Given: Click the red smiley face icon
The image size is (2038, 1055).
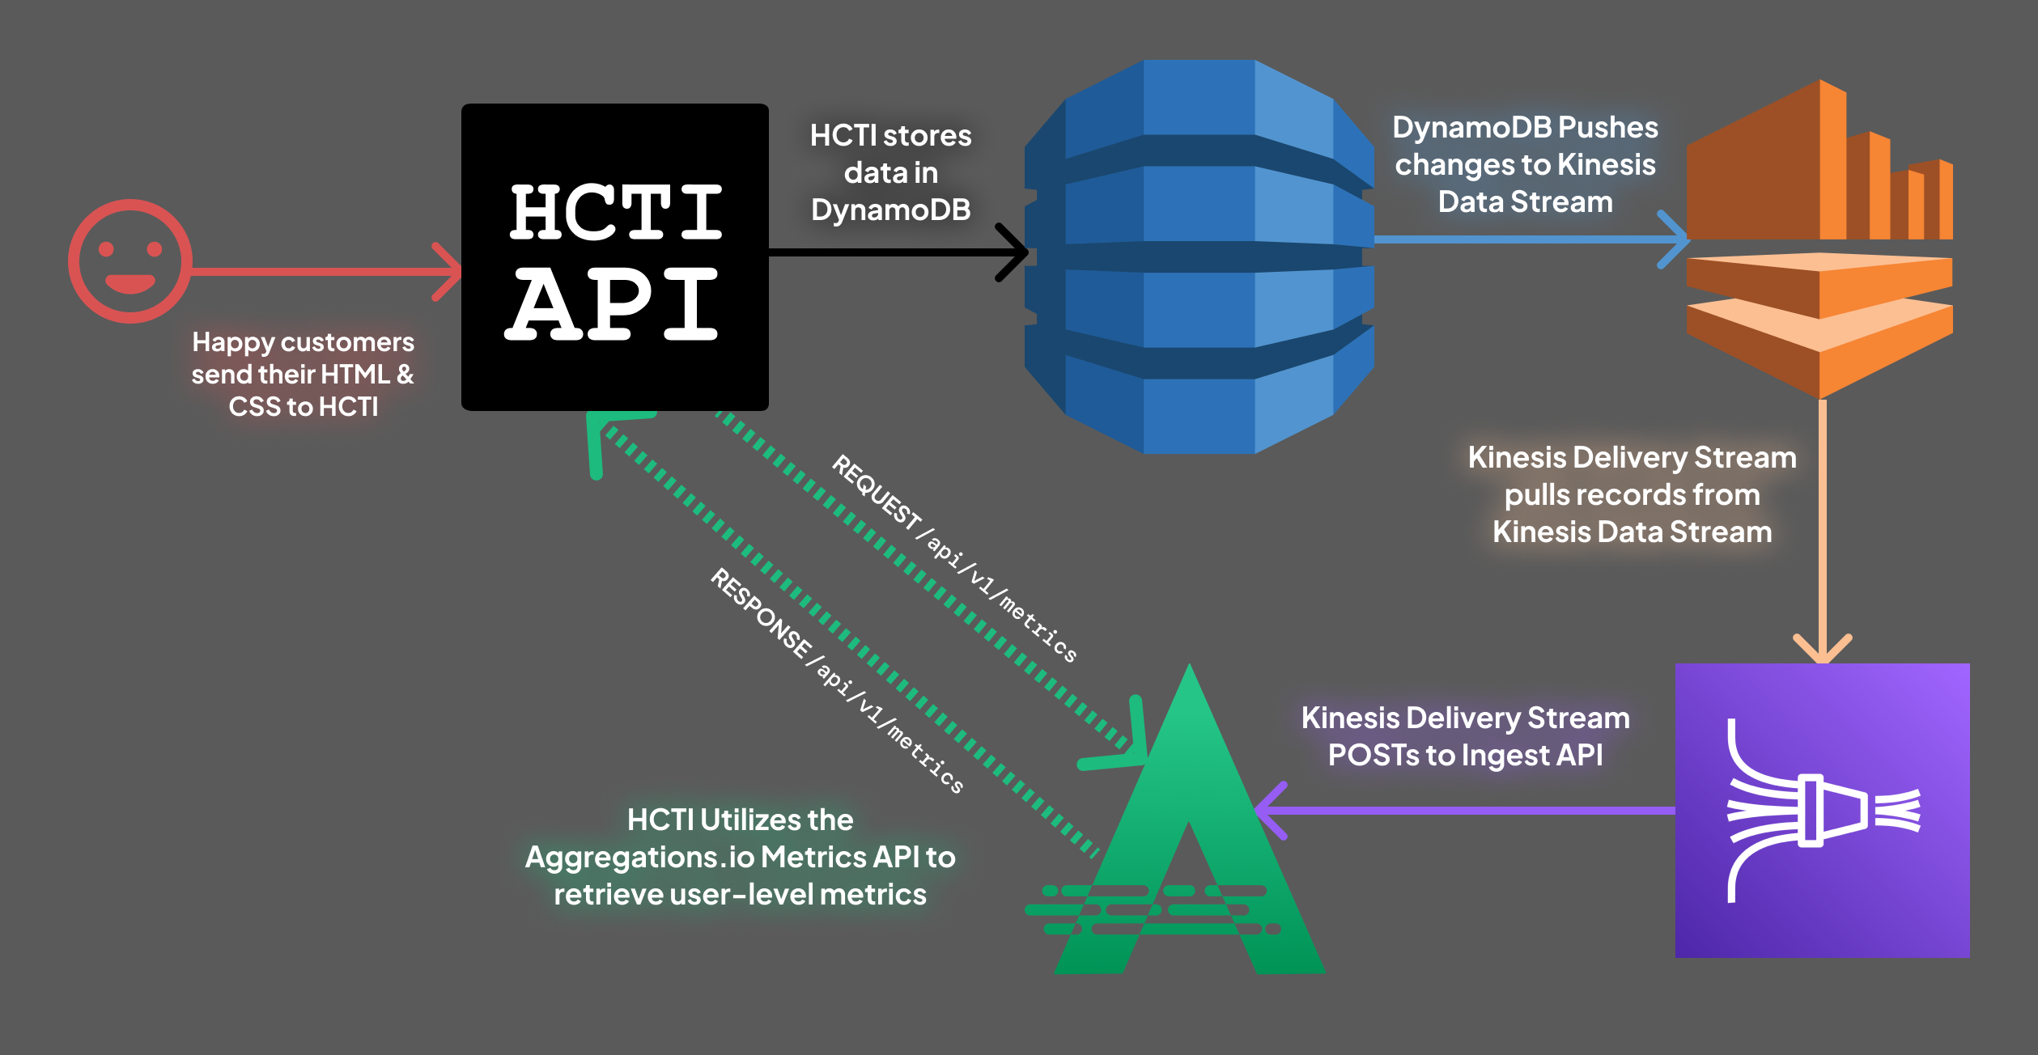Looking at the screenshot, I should click(x=130, y=261).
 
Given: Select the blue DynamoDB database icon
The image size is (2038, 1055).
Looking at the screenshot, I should click(x=1199, y=256).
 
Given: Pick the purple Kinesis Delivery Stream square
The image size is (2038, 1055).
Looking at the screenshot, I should click(x=1822, y=810).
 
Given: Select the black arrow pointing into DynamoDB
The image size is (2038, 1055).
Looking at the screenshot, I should click(x=890, y=252).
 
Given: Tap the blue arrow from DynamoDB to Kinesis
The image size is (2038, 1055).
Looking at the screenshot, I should click(x=1522, y=239).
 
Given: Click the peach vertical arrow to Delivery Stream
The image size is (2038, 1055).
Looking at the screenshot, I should click(x=1823, y=526).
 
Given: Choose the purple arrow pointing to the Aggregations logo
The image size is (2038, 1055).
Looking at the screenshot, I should click(x=1457, y=810).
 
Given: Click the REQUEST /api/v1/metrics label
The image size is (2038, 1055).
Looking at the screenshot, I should click(x=955, y=559).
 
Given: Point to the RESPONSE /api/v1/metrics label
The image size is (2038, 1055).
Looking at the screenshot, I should click(x=837, y=680).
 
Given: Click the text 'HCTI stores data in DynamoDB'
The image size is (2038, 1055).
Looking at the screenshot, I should click(x=890, y=172).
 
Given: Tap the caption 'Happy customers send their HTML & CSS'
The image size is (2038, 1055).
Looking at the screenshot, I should click(x=303, y=374).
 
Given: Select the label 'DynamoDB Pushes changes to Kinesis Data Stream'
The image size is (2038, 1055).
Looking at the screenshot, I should click(x=1525, y=164).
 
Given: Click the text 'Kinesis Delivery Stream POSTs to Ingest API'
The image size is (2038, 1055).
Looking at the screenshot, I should click(x=1465, y=736).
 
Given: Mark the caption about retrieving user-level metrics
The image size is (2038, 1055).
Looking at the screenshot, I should click(x=740, y=857).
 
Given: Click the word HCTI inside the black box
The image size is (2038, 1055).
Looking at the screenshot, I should click(x=615, y=212).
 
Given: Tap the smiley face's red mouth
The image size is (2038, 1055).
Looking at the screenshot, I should click(x=130, y=284).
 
